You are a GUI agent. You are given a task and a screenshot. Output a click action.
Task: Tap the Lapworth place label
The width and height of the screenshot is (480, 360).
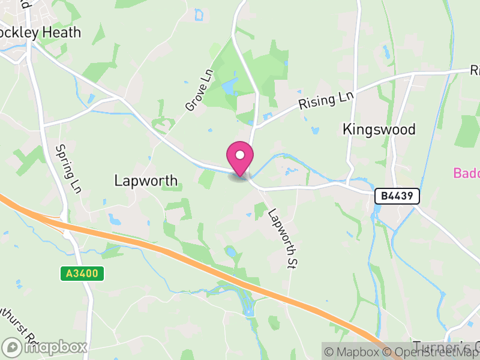146,180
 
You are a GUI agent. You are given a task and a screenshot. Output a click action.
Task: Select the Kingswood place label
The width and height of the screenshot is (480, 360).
379,129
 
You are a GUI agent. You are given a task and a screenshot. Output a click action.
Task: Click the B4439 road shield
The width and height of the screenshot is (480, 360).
397,196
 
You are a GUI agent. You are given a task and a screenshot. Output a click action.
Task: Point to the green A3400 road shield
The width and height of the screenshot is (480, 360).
82,274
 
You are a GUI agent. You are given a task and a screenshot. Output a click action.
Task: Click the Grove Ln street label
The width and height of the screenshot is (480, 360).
199,90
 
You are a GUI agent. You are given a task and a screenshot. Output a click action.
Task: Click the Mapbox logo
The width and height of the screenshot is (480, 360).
45,347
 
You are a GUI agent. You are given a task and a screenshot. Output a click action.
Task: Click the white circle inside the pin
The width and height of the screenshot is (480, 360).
240,155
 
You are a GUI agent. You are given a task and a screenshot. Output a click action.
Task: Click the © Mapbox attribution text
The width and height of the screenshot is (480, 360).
356,352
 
